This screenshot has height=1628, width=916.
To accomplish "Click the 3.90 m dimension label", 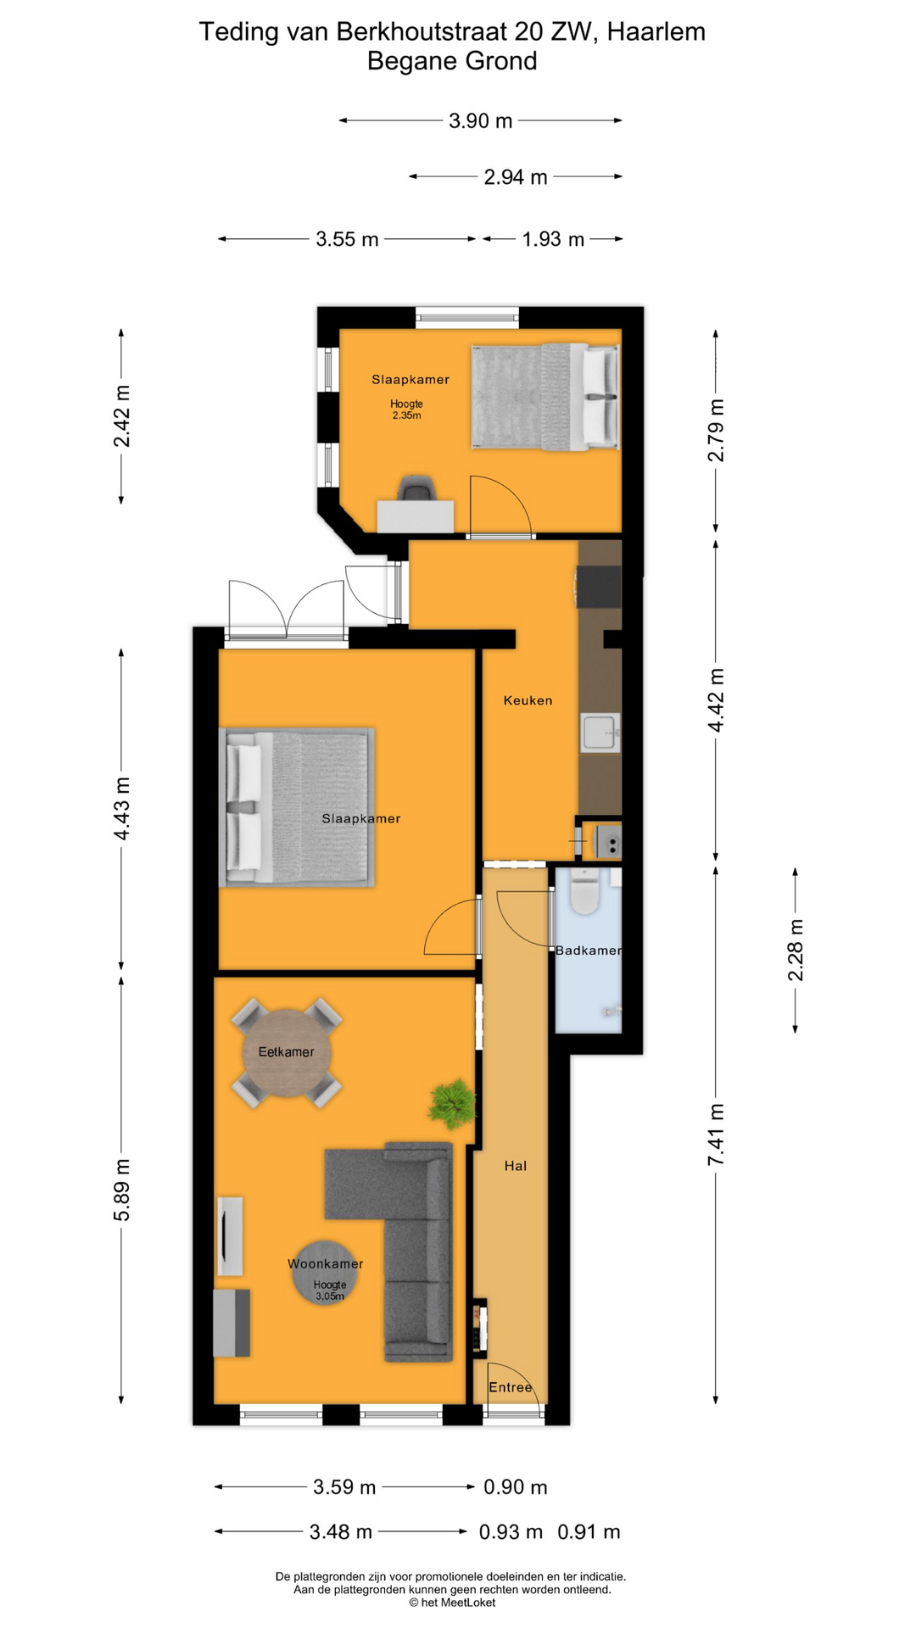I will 480,121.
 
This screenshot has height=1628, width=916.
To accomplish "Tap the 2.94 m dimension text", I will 515,177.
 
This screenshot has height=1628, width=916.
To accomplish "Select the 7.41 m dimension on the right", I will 717,1134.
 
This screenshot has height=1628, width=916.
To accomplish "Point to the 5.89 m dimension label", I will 122,1189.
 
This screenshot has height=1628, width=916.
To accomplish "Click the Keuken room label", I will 528,700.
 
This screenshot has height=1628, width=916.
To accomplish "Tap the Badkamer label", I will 588,951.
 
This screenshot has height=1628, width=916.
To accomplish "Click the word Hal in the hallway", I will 516,1166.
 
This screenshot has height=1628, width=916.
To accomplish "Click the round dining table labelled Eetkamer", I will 287,1053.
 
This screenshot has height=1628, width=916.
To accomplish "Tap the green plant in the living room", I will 452,1103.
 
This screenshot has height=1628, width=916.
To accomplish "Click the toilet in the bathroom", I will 584,891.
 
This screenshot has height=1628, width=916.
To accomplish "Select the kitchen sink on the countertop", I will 600,733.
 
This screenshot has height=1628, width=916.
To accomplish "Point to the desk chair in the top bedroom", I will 417,489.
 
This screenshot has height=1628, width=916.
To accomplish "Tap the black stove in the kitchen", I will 599,587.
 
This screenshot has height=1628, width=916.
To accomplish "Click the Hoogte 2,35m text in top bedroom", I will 406,410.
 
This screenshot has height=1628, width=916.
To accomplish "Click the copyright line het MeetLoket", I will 452,1602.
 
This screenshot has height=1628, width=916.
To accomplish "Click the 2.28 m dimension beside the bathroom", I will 796,950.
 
